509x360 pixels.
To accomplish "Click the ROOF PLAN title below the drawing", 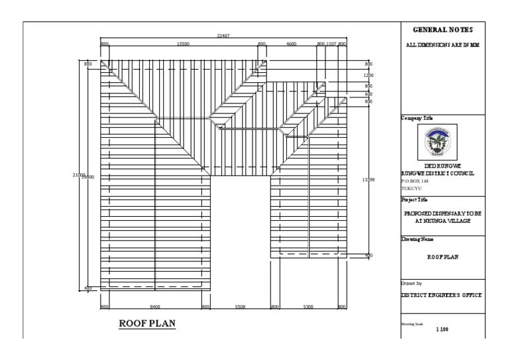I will [146, 324].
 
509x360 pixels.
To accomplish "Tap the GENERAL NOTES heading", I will [443, 30].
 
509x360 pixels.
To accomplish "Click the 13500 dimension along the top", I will [183, 44].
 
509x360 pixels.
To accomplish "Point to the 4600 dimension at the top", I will [291, 44].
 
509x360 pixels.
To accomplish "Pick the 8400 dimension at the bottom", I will [155, 307].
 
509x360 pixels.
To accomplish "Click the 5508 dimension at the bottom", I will [240, 307].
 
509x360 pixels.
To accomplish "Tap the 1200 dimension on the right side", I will [368, 76].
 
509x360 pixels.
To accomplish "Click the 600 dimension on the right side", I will [368, 94].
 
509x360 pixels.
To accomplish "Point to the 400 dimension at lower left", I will [88, 288].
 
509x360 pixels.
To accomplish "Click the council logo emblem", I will [442, 140].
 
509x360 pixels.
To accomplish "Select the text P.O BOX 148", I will [416, 180].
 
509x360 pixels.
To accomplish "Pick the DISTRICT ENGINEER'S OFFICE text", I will [441, 295].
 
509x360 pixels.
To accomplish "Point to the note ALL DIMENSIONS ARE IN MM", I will [442, 46].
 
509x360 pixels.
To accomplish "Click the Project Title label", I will [414, 199].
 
